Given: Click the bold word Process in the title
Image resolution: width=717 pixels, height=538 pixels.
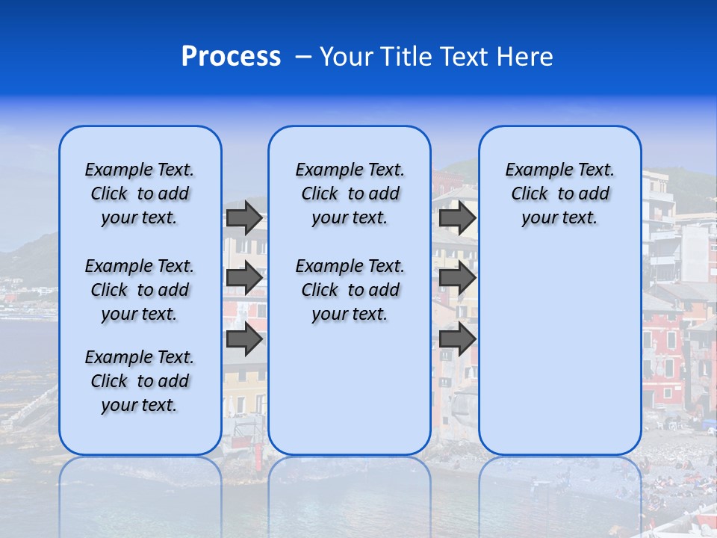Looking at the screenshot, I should point(231,57).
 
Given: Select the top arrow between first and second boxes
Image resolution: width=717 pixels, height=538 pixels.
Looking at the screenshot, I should point(244,217).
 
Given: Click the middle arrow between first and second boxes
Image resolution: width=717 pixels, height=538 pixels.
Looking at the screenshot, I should point(244,278).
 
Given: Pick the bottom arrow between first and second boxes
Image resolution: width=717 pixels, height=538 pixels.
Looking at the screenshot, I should point(244,339).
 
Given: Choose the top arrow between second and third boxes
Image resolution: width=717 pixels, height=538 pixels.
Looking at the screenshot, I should point(457,217).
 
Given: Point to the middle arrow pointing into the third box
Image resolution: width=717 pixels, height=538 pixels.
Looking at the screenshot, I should point(457,278).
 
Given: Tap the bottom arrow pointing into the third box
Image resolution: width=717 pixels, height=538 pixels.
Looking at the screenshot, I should point(457,339).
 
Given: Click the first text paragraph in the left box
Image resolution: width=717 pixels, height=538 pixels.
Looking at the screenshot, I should point(140,194).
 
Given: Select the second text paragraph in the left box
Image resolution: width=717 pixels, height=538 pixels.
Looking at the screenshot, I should point(140,290).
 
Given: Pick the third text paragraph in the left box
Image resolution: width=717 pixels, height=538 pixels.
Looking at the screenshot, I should point(140,381).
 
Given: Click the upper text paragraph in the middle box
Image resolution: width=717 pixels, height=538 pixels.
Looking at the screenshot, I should point(350,194).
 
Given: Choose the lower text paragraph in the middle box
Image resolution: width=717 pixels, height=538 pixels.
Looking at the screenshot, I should point(350,290).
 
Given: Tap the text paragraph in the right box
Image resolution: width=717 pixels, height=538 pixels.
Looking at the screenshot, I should point(559,194).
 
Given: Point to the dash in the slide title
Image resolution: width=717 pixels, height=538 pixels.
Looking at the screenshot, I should point(303,57).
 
